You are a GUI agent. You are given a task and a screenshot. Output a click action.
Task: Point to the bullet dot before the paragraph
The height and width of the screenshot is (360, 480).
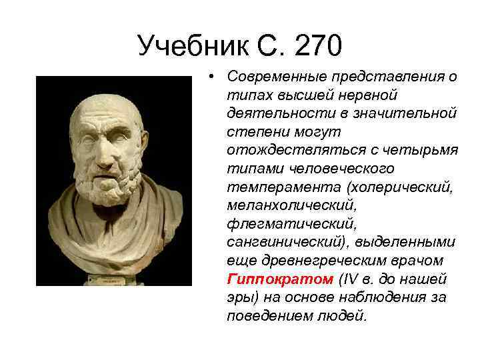210,77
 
